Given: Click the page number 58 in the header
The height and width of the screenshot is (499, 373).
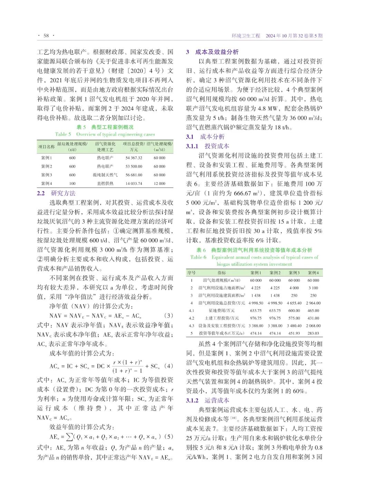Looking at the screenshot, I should [46, 36].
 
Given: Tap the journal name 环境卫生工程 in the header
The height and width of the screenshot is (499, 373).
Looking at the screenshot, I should [246, 36].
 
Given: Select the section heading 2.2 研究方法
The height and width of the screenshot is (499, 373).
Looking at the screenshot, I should [56, 193].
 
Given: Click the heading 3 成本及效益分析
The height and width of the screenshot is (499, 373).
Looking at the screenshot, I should [212, 52].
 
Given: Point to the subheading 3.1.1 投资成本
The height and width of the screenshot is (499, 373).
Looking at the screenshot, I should [207, 146].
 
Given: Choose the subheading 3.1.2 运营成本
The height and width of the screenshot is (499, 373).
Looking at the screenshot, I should [207, 400].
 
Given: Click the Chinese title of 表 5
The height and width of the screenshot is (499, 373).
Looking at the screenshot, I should [105, 127].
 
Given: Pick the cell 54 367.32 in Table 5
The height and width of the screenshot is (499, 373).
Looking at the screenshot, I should [134, 158].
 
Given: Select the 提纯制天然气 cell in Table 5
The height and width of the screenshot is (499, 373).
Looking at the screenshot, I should [105, 175].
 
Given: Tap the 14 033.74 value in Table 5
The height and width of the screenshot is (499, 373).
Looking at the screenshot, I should [134, 183].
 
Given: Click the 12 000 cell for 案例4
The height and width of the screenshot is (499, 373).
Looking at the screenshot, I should [160, 183].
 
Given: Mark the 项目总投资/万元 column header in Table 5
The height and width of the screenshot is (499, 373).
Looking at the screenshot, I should [134, 147].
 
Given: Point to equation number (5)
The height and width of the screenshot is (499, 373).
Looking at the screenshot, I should [169, 436].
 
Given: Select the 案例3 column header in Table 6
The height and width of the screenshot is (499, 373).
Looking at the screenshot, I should [294, 273].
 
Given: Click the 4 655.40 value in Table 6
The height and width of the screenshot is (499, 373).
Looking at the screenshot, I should [294, 303].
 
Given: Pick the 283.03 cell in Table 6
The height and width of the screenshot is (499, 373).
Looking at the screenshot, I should [313, 333].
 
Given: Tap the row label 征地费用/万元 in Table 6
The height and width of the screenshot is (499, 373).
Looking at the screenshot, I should [222, 311].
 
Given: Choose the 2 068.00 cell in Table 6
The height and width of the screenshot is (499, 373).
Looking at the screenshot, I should [313, 326].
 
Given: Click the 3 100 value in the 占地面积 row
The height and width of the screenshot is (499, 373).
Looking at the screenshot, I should [313, 288].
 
